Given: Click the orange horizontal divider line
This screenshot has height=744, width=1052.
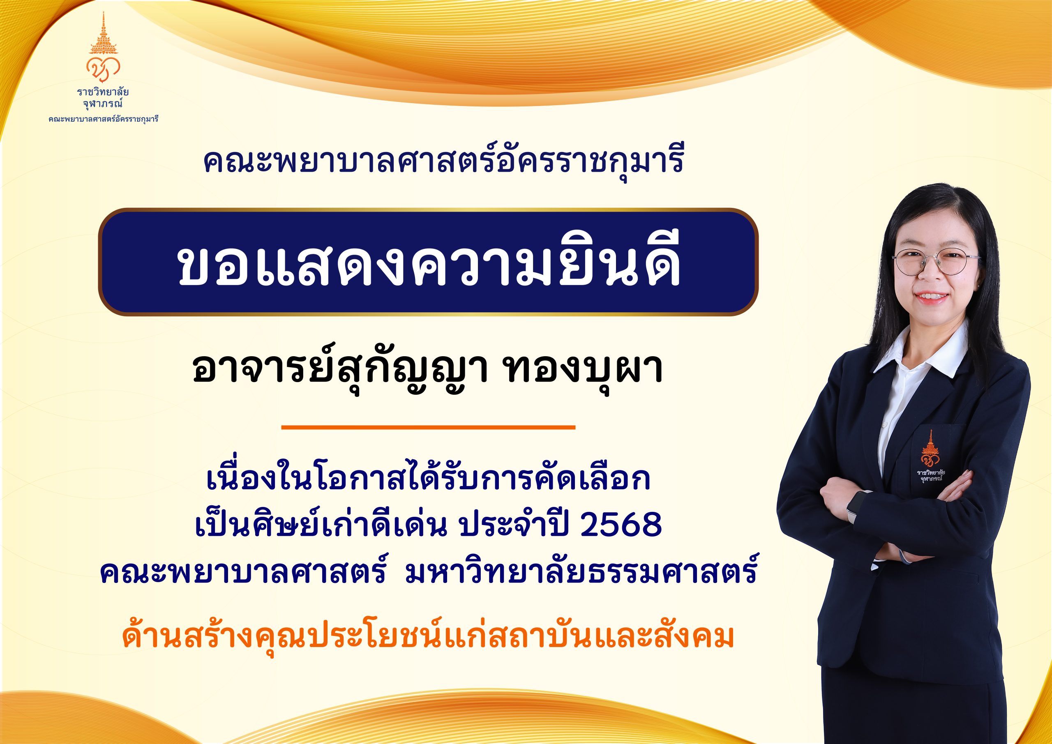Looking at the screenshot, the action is pyautogui.click(x=429, y=427).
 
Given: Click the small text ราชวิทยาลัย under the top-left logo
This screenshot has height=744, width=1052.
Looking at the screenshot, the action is pyautogui.click(x=103, y=92).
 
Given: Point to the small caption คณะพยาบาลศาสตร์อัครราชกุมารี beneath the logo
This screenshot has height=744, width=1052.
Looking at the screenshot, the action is pyautogui.click(x=104, y=120).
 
